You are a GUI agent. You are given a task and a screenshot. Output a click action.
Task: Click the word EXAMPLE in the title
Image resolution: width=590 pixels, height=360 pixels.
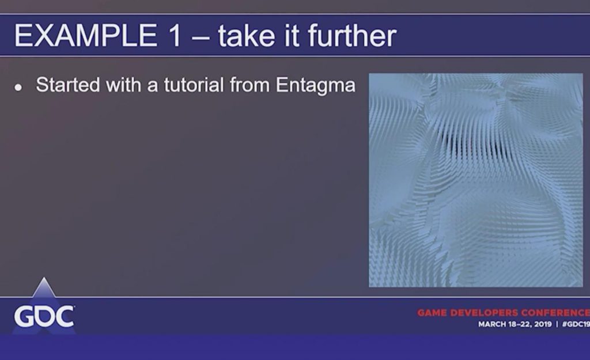click(86, 35)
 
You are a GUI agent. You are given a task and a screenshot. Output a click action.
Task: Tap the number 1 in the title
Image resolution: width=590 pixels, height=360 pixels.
click(175, 35)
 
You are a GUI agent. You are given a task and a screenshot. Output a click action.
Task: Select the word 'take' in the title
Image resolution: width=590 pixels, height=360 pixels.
click(246, 35)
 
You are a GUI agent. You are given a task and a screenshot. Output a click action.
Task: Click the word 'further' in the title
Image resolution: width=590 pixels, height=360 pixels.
click(352, 35)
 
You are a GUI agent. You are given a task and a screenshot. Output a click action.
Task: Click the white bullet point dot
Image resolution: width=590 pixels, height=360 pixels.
click(18, 88)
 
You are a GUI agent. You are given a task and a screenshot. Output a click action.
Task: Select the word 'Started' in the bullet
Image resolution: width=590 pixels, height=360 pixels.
click(68, 85)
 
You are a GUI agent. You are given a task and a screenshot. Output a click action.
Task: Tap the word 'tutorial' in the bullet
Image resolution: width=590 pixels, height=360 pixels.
click(194, 85)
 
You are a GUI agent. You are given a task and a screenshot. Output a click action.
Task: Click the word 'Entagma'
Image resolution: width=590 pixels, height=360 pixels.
click(316, 86)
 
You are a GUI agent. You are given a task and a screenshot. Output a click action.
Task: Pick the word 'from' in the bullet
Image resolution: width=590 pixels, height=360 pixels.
click(250, 85)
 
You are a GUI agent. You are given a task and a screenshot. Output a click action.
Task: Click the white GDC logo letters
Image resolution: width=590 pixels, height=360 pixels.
click(44, 316)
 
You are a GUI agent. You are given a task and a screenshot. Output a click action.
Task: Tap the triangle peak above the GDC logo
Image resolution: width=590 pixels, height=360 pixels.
click(44, 278)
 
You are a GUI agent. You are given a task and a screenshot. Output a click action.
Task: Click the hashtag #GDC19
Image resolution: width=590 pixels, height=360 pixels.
click(576, 324)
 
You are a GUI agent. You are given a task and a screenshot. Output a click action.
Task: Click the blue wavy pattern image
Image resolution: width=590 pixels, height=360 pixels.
click(476, 180)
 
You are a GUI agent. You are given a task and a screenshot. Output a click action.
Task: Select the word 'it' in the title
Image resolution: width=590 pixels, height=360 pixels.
click(292, 35)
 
